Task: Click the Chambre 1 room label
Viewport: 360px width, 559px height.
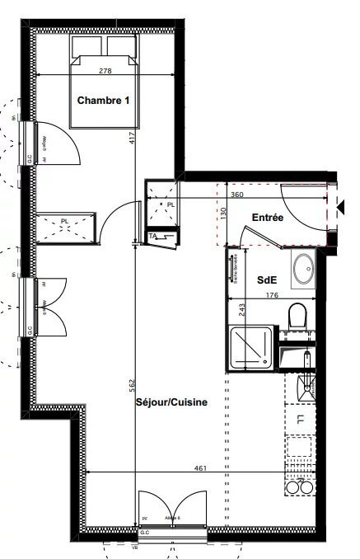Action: [104, 101]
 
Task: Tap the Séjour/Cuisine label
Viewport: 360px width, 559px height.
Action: [171, 402]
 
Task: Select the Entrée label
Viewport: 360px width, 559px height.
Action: [268, 218]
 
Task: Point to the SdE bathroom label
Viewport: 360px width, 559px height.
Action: [266, 279]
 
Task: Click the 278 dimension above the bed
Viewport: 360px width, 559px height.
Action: [105, 71]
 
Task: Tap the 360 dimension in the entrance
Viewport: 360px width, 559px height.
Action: [236, 195]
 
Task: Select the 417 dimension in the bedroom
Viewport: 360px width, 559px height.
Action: [132, 139]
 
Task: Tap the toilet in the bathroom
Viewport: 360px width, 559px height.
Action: [297, 315]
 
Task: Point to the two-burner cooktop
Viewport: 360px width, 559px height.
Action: [299, 487]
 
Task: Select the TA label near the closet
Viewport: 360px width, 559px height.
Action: [152, 237]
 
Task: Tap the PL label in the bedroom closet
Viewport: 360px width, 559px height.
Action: [65, 221]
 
